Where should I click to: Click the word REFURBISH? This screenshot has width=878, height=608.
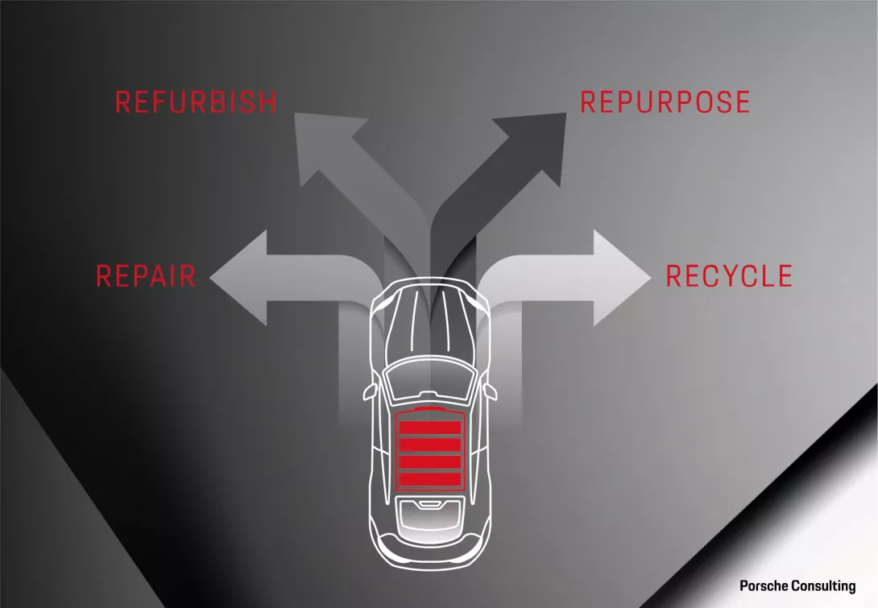196,102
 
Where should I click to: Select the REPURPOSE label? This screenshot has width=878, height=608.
665,102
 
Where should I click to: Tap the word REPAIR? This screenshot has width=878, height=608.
146,276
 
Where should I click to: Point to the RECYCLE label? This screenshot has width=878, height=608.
729,276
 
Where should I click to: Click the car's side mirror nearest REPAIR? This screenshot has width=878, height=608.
370,391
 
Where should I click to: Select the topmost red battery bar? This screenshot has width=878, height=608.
430,428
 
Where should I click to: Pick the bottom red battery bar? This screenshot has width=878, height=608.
430,480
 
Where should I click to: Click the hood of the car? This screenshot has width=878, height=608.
430,322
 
